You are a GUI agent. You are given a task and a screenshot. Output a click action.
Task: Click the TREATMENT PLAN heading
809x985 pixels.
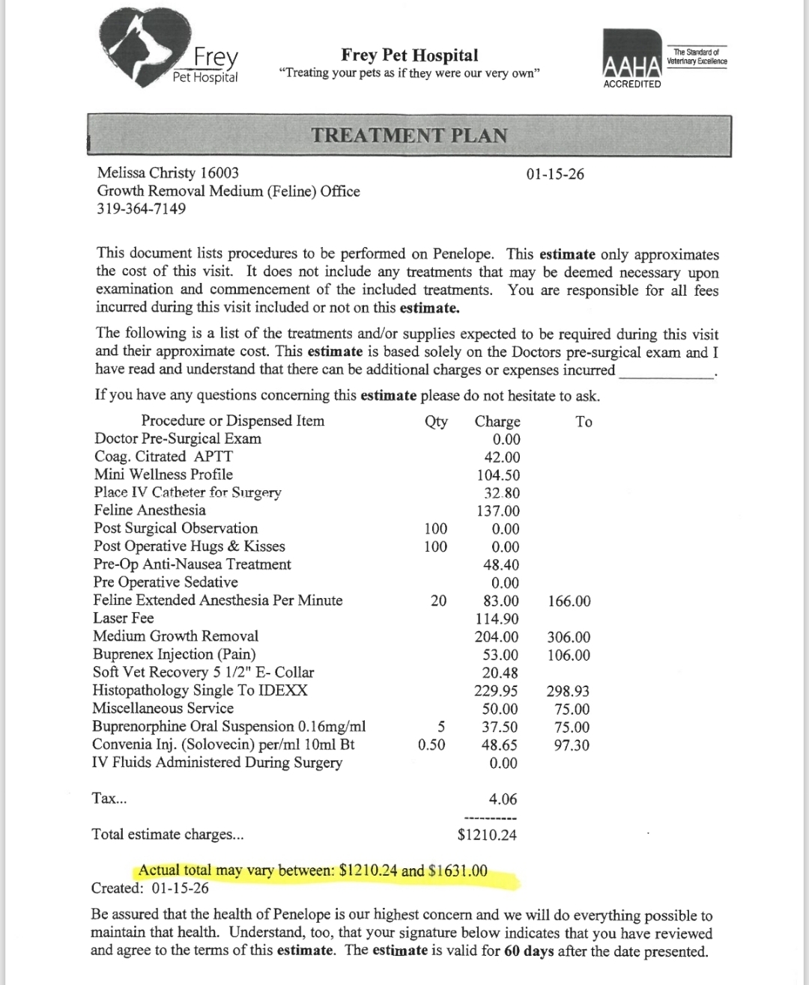coord(409,135)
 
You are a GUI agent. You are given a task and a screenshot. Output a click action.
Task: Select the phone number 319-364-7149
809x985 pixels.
coord(142,209)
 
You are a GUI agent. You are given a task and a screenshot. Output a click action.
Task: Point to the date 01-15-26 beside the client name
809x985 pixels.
coord(555,174)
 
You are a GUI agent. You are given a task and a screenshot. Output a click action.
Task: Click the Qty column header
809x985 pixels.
coord(436,421)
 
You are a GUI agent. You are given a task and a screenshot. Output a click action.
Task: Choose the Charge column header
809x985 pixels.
coord(497,421)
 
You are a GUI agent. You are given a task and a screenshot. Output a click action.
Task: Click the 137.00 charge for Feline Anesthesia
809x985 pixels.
coord(498,511)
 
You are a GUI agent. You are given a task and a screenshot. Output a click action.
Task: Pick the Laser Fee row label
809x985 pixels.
coord(124,618)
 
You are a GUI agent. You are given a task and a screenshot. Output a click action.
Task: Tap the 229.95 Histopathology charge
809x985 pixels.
coord(497,691)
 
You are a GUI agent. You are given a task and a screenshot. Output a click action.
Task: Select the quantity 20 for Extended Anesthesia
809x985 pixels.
coord(439,600)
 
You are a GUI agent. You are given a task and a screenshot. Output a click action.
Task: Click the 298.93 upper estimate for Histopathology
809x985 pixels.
coord(569,692)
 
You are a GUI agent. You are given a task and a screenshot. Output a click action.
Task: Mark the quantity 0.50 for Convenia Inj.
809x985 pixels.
coord(431,745)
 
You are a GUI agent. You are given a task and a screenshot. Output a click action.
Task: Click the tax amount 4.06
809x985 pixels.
coord(503,799)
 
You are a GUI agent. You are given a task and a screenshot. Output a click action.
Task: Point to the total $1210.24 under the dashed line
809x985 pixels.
coord(487,835)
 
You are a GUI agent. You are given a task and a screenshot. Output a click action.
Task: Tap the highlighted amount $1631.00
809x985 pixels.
coord(458,870)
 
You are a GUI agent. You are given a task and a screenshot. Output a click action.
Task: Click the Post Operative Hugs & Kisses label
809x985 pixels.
coord(190,546)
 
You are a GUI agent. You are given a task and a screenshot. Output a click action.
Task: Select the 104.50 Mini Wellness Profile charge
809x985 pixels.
coord(498,475)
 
